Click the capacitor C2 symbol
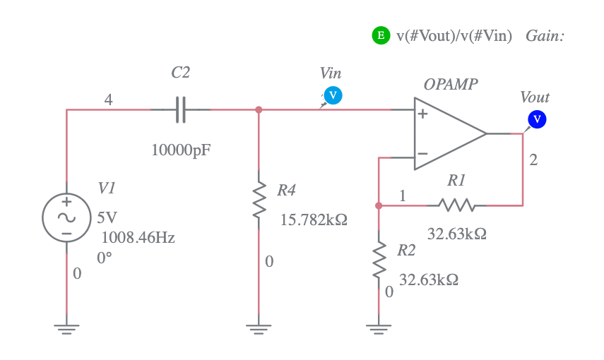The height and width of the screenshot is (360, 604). (x=180, y=110)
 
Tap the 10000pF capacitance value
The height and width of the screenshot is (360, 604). (x=181, y=150)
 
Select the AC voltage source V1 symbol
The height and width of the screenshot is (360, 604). (x=66, y=217)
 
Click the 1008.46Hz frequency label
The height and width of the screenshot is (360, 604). (x=138, y=237)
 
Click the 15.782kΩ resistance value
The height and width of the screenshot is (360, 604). (x=314, y=220)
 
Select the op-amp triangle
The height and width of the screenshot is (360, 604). (x=449, y=133)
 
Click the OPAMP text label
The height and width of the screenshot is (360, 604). (x=450, y=85)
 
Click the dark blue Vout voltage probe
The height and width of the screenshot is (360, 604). (x=537, y=119)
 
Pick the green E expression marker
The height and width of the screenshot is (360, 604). (x=381, y=35)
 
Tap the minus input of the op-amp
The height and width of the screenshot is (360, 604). (x=422, y=153)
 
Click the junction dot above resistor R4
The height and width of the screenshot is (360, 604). (x=259, y=109)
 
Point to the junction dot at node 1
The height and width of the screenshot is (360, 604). (x=379, y=205)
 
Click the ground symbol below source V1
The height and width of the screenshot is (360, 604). (x=66, y=326)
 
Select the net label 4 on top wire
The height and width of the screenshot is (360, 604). (x=108, y=100)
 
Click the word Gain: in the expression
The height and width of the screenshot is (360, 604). (x=545, y=36)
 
